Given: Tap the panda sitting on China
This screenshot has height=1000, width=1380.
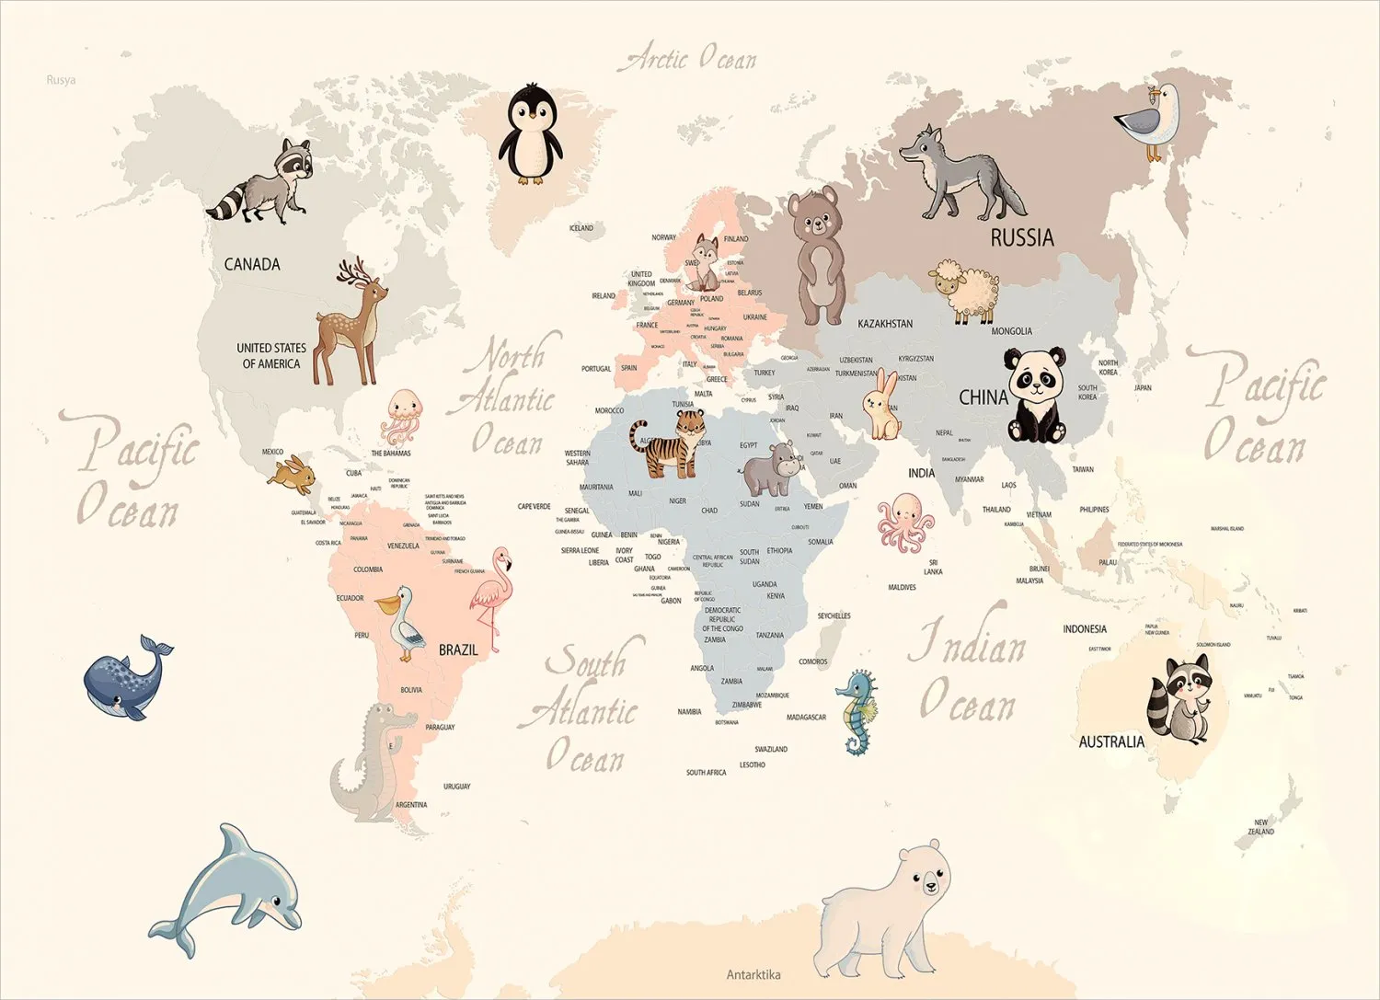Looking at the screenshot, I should coord(1036,395).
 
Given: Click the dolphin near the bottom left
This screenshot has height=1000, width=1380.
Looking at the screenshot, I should coord(230,890).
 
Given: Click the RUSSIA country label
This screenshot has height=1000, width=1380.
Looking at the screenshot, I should coord(1021,238).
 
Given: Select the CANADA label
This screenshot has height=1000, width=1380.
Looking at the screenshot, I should coord(252,264).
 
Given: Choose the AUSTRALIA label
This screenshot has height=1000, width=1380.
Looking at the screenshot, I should coord(1111,741).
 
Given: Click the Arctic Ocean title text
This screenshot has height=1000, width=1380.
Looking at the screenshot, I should coord(690,59).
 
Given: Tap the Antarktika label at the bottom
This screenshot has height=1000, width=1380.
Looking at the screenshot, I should coord(753,974).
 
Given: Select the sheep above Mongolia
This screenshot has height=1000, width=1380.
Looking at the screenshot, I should coord(963,289).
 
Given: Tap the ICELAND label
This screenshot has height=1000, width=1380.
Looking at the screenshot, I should coord(581,228).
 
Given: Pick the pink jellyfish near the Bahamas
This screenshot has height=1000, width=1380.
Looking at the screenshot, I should coord(402,417).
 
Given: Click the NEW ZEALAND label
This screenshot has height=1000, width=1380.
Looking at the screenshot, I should coord(1261,827).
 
